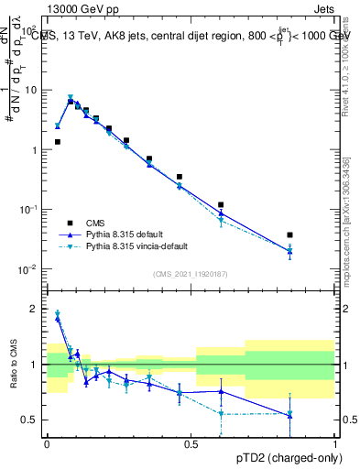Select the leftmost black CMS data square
57,142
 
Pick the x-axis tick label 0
47,443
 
